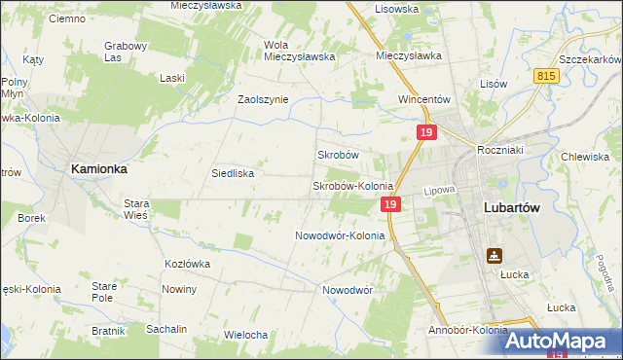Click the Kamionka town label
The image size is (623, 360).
click(99, 168)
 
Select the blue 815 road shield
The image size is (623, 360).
click(546, 75)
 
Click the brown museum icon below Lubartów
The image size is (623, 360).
click(495, 256)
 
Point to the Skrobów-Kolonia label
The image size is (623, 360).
click(351, 186)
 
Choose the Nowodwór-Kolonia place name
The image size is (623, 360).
click(340, 235)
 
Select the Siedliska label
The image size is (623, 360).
click(233, 173)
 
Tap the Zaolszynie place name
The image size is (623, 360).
click(263, 99)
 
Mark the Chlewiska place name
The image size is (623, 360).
click(585, 157)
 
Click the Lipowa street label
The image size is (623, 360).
click(439, 191)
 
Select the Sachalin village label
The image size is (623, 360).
click(166, 330)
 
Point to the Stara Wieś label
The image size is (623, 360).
click(135, 209)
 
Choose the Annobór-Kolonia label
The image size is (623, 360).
click(467, 330)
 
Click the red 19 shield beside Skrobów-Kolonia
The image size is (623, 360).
click(389, 204)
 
